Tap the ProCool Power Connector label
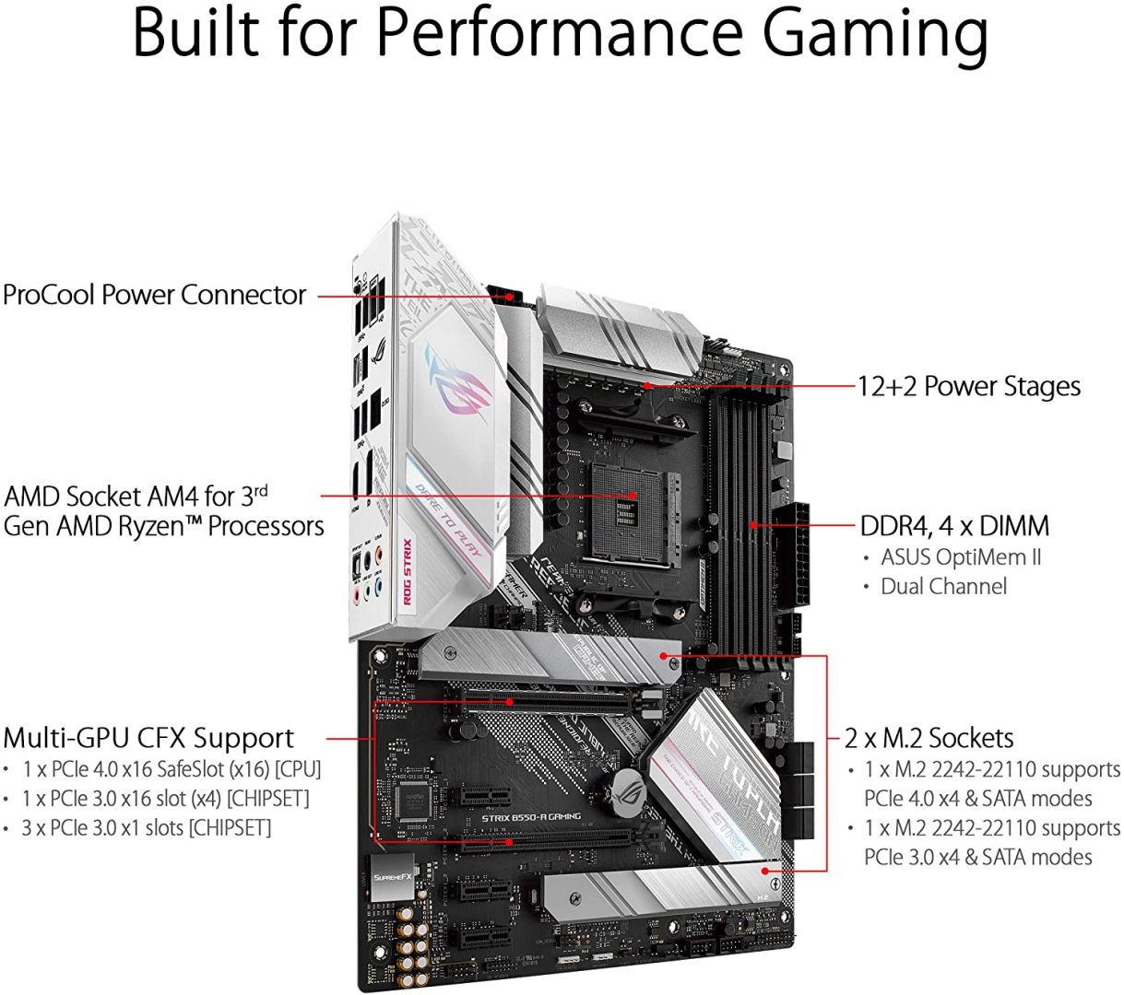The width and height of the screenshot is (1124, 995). tap(154, 295)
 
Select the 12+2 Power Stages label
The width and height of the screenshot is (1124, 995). tap(968, 386)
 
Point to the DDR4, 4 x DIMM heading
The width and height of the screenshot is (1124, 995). tap(954, 526)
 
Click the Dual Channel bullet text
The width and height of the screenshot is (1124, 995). tap(943, 586)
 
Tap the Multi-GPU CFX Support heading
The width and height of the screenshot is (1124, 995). tap(148, 738)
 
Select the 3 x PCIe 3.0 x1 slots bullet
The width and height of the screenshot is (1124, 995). tap(147, 827)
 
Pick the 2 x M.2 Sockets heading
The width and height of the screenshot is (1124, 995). tap(929, 738)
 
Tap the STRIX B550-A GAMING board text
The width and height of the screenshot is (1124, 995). tap(531, 816)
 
